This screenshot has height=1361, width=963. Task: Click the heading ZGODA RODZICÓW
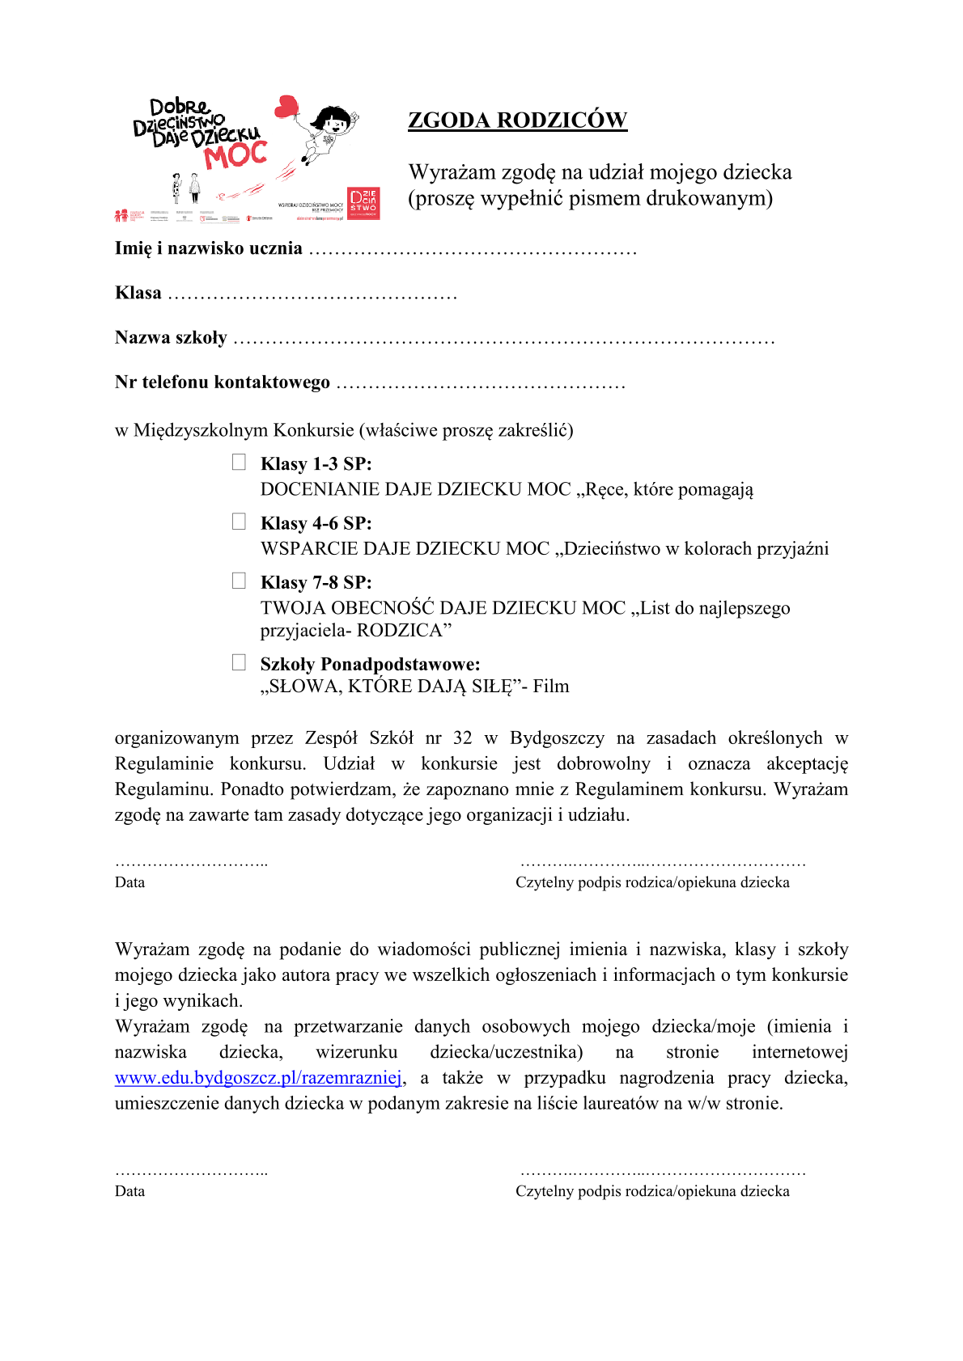517,120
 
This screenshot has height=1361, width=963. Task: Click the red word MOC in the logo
235,154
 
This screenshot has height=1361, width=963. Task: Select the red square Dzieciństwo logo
363,203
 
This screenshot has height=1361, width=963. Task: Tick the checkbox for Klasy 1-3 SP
239,462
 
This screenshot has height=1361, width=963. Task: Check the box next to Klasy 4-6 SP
239,522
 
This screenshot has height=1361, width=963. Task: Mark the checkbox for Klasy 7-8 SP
239,581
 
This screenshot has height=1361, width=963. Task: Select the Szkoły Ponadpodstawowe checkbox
239,662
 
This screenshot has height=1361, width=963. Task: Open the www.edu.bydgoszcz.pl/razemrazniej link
258,1078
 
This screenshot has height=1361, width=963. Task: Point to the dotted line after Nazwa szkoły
503,340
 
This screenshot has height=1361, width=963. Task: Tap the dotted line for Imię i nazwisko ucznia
473,251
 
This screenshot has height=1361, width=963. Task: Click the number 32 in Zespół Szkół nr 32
462,738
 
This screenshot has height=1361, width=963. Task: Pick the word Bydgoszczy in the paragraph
557,738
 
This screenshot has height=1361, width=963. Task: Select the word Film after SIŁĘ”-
551,687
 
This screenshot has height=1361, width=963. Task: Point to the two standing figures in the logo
185,188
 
